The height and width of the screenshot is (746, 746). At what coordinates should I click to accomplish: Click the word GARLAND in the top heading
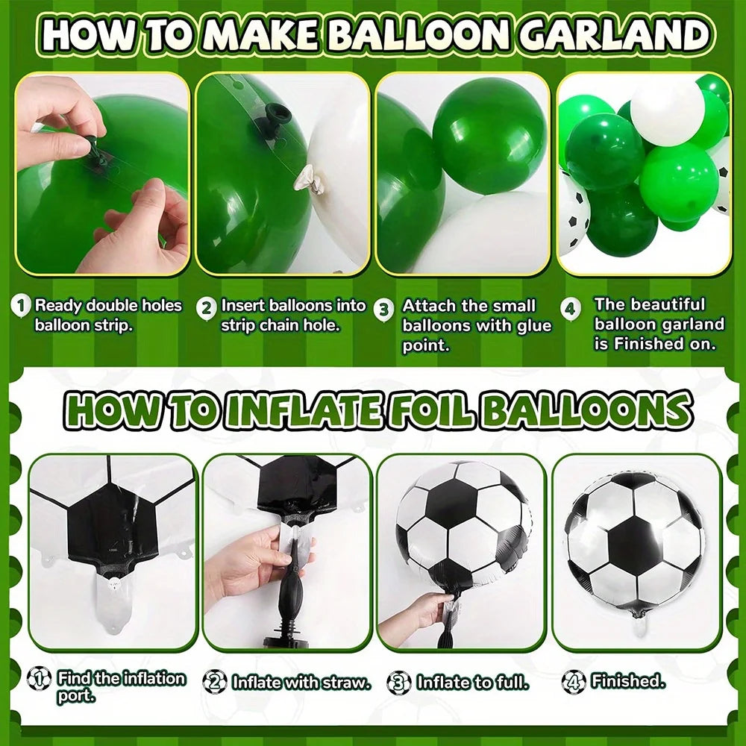coord(614,34)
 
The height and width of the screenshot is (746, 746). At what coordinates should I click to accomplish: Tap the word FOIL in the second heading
coord(430,410)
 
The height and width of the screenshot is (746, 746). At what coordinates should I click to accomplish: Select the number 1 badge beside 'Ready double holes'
coord(21,306)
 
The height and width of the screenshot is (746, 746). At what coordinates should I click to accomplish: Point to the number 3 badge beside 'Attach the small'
coord(383,310)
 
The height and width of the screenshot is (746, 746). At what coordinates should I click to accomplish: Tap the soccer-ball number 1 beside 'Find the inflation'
coord(39,678)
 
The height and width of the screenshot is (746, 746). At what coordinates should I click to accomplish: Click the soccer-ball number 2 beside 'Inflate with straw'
coord(215,682)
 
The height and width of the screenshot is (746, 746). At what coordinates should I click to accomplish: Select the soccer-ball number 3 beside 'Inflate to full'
coord(399,683)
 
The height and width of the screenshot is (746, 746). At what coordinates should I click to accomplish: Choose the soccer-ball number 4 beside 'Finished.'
coord(573,682)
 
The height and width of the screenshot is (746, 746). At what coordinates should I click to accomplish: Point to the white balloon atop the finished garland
coord(666,112)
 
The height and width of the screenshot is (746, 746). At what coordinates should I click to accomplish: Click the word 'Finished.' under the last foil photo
coord(627,681)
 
